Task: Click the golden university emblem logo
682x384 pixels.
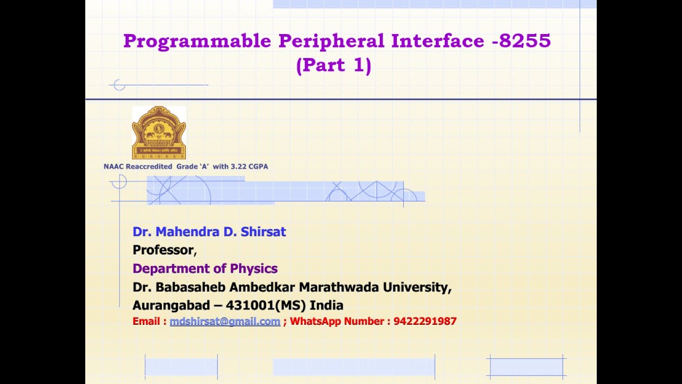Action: coord(159,132)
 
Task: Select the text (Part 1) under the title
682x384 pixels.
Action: coord(334,65)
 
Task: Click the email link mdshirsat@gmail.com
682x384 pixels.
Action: coord(225,321)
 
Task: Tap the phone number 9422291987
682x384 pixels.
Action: coord(425,321)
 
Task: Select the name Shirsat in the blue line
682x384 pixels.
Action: coord(263,231)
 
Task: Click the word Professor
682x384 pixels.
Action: coord(163,250)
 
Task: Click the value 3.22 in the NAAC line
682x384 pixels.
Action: coord(237,166)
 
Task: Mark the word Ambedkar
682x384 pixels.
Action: coord(263,287)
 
